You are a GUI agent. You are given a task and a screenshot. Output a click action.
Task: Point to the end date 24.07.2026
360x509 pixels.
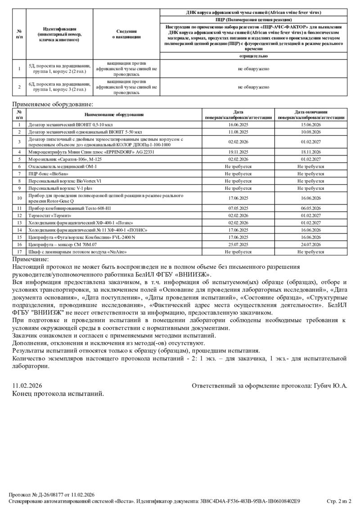coord(310,245)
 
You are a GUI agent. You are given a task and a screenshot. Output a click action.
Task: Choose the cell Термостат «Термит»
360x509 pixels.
coord(50,215)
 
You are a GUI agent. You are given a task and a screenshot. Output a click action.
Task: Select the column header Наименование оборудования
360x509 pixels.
coord(114,115)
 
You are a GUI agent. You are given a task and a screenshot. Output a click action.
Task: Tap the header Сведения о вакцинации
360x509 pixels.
coord(126,34)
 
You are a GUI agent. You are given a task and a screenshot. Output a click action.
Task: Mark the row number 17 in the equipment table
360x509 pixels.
coord(19,252)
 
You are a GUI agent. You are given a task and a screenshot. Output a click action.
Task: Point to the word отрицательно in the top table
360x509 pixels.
coord(253,56)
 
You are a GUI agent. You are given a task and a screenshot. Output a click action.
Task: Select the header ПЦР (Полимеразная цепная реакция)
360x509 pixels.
coord(253,20)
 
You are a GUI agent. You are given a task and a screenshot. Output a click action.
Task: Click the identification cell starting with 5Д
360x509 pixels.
coord(59,69)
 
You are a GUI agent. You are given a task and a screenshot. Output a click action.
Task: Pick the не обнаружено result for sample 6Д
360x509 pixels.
coord(253,87)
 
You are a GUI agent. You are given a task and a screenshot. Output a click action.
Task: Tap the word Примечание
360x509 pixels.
coord(31,259)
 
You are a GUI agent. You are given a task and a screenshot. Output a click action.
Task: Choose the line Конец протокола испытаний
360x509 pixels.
coord(58,393)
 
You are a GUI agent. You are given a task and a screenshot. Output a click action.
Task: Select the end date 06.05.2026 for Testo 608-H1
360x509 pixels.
coord(310,208)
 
